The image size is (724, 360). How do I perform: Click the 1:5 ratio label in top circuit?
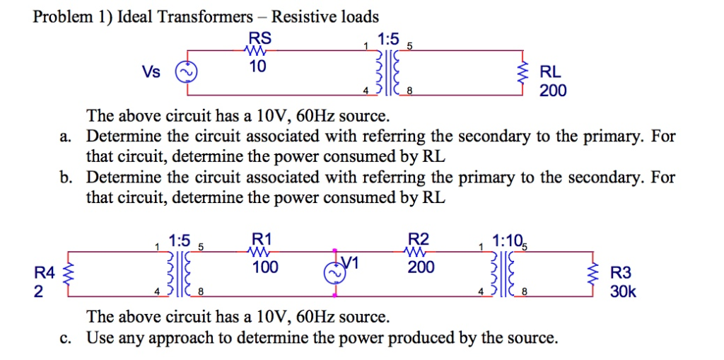tap(388, 37)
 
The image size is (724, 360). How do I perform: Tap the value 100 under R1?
tap(265, 267)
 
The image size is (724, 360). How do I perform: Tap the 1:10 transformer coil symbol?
tap(508, 273)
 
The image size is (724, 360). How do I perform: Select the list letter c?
tap(65, 337)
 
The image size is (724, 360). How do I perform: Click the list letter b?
tap(65, 177)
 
